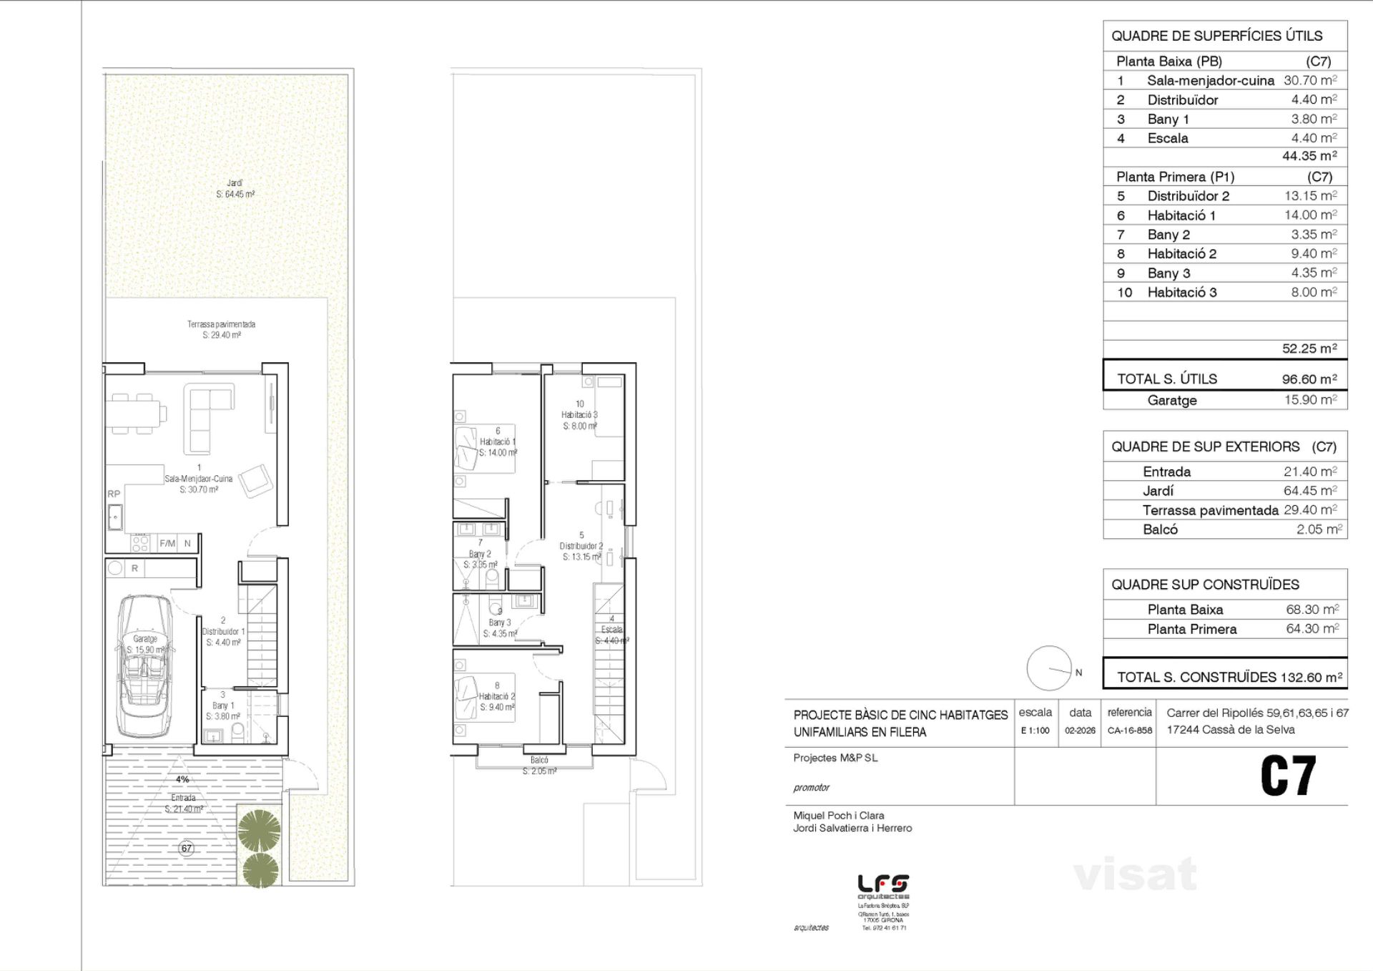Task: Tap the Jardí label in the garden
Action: coord(235,184)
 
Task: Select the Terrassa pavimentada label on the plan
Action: coord(221,324)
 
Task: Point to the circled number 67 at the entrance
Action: coord(187,848)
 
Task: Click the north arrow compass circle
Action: coord(1049,668)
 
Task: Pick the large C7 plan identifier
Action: coord(1287,776)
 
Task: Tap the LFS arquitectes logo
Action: coord(883,887)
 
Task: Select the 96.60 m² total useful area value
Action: coord(1309,379)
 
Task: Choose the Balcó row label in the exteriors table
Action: coord(1160,530)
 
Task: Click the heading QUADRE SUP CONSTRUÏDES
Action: coord(1205,585)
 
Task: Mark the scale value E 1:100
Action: coord(1035,731)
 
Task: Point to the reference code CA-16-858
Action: coord(1130,731)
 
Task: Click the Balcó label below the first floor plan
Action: coord(539,760)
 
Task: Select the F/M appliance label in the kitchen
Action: coord(167,544)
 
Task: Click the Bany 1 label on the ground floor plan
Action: coord(223,706)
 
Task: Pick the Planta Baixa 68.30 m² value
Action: coord(1312,610)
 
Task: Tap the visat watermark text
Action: coord(1135,874)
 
